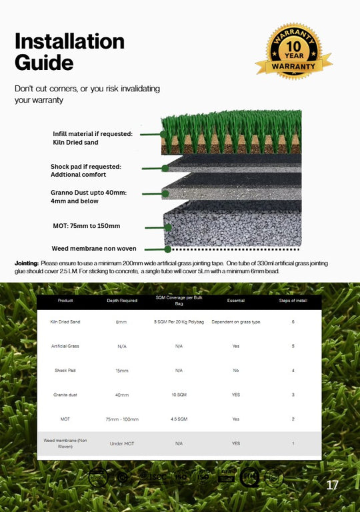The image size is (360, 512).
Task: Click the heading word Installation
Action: click(69, 41)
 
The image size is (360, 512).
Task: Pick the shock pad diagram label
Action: click(86, 170)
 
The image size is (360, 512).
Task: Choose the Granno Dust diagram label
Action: click(89, 196)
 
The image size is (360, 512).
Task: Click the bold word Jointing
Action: click(27, 264)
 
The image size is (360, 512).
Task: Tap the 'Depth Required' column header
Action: click(122, 301)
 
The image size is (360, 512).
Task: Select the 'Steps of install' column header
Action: click(293, 301)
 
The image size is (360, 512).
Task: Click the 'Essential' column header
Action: click(236, 301)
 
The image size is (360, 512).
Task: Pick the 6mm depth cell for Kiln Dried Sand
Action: click(122, 322)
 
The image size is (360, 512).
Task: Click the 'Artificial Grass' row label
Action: click(65, 346)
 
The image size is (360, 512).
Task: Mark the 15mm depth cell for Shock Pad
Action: click(122, 371)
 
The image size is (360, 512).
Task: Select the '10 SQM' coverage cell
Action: click(179, 395)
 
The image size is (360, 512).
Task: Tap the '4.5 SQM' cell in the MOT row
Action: click(179, 419)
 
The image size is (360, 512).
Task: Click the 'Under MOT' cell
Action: click(122, 443)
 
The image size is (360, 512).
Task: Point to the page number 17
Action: click(332, 485)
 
